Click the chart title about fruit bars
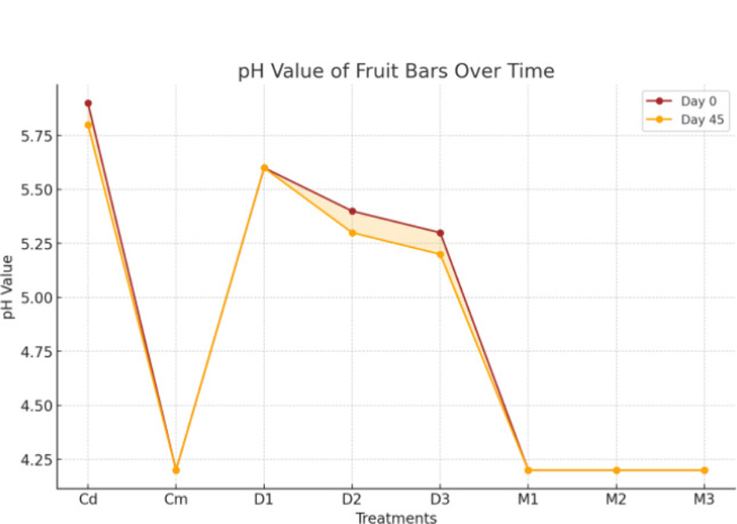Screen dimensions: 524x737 [x=396, y=71]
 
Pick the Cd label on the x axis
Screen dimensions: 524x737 [x=89, y=500]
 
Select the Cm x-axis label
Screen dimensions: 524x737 [x=176, y=500]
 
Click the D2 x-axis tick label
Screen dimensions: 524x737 [x=352, y=500]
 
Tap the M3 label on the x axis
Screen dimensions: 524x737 [x=704, y=500]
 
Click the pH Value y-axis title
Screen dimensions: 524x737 [x=9, y=286]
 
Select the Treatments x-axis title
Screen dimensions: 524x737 [x=396, y=518]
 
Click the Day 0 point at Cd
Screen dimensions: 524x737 [x=89, y=103]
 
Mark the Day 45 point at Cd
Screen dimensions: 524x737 [x=89, y=125]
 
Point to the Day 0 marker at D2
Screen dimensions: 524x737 [x=352, y=211]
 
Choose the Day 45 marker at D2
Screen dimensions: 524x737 [x=352, y=233]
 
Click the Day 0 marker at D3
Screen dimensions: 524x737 [x=441, y=233]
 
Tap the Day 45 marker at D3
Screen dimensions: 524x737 [x=441, y=254]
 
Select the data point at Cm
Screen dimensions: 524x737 [x=176, y=470]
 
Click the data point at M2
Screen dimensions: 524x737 [x=616, y=470]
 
